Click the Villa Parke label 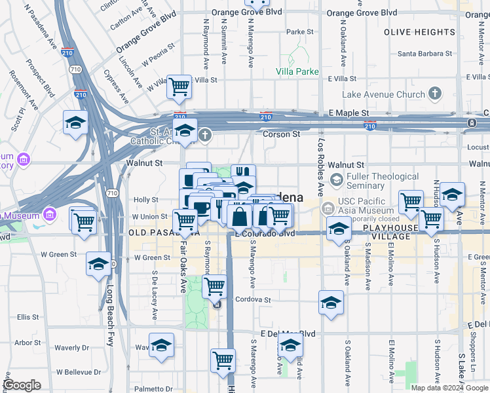pos(297,71)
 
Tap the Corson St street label pos(281,134)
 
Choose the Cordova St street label pos(254,299)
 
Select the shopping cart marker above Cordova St pos(214,286)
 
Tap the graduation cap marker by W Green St pos(98,265)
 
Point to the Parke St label pos(300,31)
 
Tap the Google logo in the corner pos(22,384)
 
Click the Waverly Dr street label pos(71,348)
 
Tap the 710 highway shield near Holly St pos(112,193)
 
